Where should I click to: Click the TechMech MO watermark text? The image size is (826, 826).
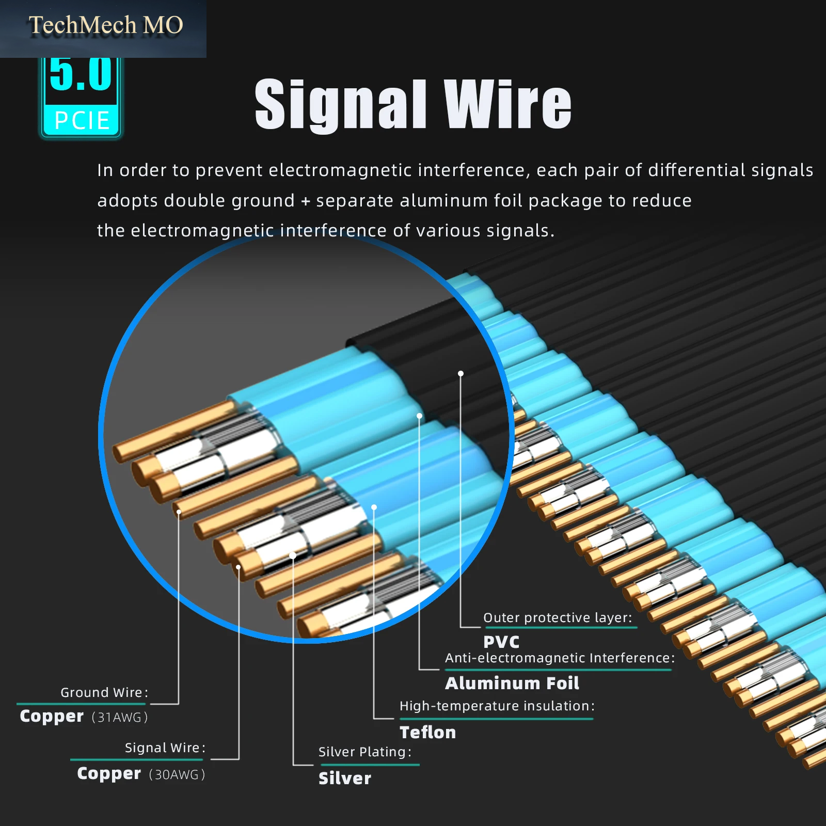click(106, 25)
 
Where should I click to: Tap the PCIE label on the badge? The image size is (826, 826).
click(82, 121)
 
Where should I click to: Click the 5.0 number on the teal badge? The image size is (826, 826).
click(81, 74)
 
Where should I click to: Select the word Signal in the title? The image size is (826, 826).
click(341, 105)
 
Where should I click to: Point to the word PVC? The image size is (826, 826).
click(501, 642)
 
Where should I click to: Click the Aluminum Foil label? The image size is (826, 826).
click(512, 683)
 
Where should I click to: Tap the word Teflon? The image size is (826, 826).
click(428, 732)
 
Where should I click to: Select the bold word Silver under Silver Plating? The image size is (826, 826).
click(345, 778)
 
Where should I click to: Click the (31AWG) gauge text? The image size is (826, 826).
click(120, 717)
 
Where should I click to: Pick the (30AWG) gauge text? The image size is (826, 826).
click(177, 774)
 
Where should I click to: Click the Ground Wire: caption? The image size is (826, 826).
click(104, 692)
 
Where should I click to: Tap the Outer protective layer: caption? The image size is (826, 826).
click(558, 617)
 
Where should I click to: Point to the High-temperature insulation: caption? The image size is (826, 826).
click(497, 706)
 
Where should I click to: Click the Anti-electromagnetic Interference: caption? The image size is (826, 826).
click(560, 658)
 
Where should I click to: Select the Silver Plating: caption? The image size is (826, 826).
click(365, 752)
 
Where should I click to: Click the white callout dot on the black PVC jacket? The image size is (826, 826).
click(460, 373)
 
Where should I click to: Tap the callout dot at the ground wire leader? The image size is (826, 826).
click(179, 512)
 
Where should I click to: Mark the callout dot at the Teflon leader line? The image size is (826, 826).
click(374, 507)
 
